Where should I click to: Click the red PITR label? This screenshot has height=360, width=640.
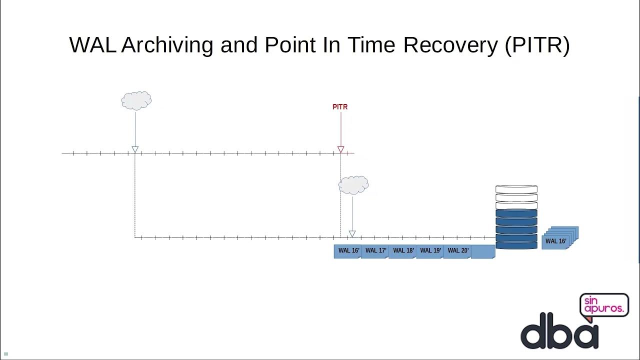click(340, 107)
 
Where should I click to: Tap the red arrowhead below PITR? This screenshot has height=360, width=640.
click(340, 149)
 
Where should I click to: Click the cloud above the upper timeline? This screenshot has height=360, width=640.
click(136, 100)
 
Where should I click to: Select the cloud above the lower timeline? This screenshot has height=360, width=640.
click(353, 185)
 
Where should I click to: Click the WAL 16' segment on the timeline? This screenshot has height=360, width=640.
click(348, 251)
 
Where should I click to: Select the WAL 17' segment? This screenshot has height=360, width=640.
click(375, 251)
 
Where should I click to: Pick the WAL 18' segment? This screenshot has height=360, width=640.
click(403, 251)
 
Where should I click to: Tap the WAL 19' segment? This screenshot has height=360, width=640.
click(430, 251)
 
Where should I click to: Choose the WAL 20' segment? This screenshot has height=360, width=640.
click(458, 251)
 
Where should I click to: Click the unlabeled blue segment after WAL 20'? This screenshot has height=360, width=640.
click(483, 251)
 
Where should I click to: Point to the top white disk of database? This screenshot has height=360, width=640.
click(516, 189)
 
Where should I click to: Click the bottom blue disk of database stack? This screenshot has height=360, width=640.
click(516, 245)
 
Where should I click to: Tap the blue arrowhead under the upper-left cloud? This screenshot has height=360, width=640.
click(135, 149)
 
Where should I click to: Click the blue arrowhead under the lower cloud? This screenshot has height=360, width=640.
click(352, 234)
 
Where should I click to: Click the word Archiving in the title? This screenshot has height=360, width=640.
click(167, 45)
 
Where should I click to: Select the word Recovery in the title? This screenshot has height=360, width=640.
click(450, 45)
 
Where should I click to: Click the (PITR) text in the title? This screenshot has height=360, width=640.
click(537, 45)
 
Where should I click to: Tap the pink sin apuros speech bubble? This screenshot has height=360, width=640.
click(604, 305)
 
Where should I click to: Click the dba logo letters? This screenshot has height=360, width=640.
click(559, 331)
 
